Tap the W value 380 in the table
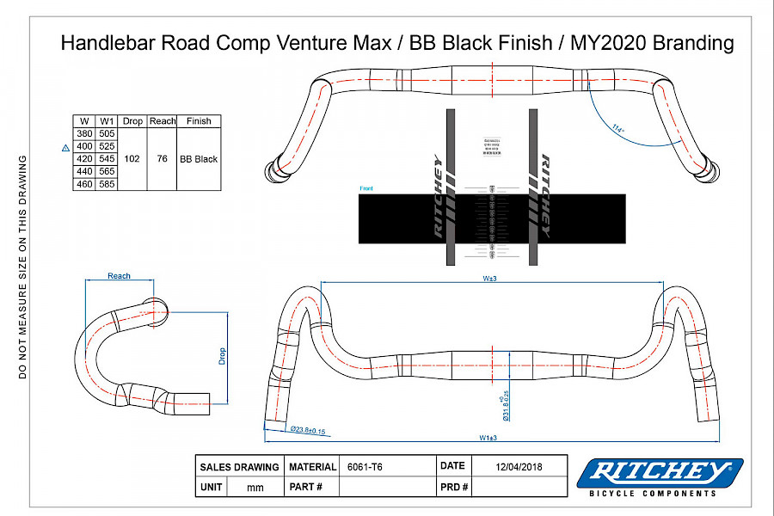pyautogui.click(x=84, y=133)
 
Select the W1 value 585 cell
pyautogui.click(x=107, y=184)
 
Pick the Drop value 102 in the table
pyautogui.click(x=132, y=159)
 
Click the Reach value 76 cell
pyautogui.click(x=162, y=159)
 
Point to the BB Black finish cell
pyautogui.click(x=199, y=159)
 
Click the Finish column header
pyautogui.click(x=199, y=121)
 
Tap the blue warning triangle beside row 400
pyautogui.click(x=65, y=147)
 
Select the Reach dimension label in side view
pyautogui.click(x=119, y=276)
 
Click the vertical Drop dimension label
pyautogui.click(x=221, y=356)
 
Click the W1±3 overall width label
pyautogui.click(x=489, y=438)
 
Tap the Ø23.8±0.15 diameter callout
pyautogui.click(x=308, y=430)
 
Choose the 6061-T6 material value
pyautogui.click(x=365, y=466)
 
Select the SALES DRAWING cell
pyautogui.click(x=239, y=467)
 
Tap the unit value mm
pyautogui.click(x=255, y=487)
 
